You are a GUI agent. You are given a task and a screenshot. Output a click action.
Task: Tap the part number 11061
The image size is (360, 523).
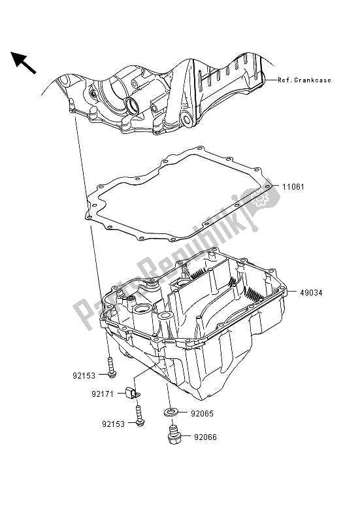tap(294, 186)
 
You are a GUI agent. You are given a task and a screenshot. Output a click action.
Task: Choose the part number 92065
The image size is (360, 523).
tap(201, 413)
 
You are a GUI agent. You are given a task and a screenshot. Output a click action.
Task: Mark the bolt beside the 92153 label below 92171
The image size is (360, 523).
tap(140, 416)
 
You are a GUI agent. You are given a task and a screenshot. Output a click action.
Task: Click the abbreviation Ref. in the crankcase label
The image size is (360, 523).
tap(287, 80)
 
